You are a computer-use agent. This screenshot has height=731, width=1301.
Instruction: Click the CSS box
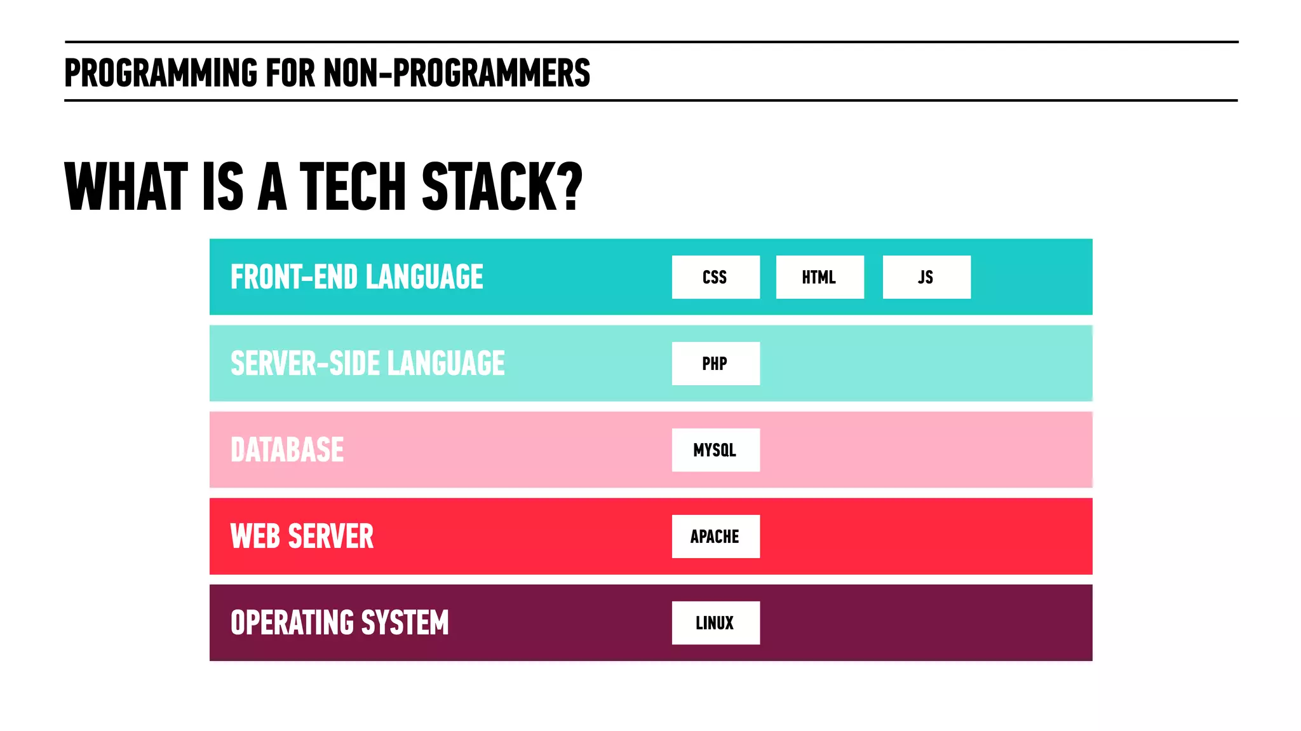tap(715, 277)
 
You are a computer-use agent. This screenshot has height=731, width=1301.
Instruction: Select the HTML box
tap(819, 277)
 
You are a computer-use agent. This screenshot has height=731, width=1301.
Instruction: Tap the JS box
tap(926, 277)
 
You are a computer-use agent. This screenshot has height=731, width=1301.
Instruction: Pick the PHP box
tap(715, 364)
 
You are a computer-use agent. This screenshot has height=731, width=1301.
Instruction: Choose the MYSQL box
tap(715, 450)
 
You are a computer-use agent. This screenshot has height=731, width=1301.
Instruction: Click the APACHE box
tap(715, 536)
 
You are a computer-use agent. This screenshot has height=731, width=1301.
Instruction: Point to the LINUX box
tap(715, 623)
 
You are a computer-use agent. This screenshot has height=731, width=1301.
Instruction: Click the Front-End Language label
tap(356, 277)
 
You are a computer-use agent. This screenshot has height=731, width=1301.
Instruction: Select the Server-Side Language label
tap(367, 364)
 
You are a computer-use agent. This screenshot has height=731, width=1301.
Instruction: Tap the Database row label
tap(287, 450)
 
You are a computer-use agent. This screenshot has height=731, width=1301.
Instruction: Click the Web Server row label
tap(302, 536)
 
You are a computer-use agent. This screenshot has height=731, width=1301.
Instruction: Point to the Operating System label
tap(339, 623)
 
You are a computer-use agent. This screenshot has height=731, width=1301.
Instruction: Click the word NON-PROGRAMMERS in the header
tap(457, 72)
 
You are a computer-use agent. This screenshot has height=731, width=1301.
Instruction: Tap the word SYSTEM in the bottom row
tap(405, 623)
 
